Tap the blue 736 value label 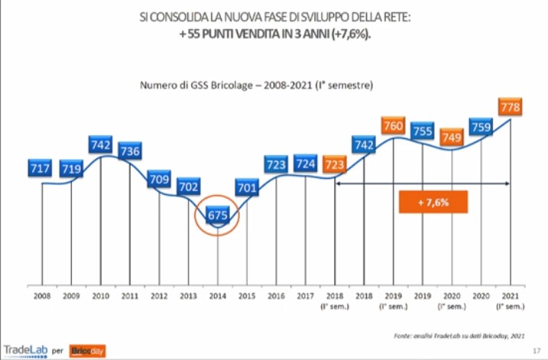[x=130, y=151]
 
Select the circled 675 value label [x=218, y=216]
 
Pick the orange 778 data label [x=510, y=108]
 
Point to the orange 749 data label [x=451, y=137]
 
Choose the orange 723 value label [x=334, y=164]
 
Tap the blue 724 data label [x=306, y=163]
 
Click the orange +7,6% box [x=433, y=203]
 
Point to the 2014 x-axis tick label [x=218, y=294]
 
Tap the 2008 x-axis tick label [x=42, y=294]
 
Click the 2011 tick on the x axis [x=130, y=294]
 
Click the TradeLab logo [x=25, y=350]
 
